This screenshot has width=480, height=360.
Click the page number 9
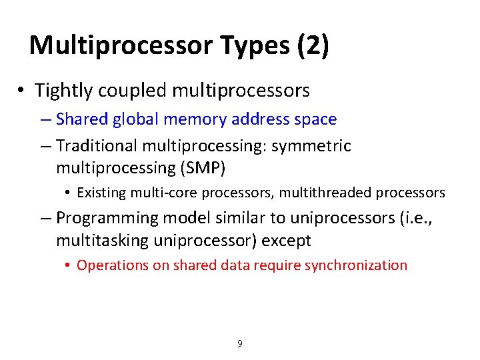(240, 344)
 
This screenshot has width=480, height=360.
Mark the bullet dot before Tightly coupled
(21, 90)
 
